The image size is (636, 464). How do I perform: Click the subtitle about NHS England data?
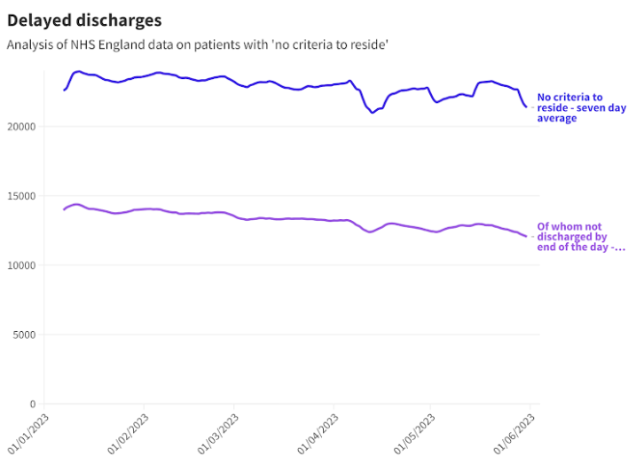198,43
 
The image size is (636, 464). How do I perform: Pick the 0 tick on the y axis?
31,404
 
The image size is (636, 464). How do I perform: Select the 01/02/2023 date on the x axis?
126,432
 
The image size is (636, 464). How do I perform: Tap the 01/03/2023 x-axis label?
216,432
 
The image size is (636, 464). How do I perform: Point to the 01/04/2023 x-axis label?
316,432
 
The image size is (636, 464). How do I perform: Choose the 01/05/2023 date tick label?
412,432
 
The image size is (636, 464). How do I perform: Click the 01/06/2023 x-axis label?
512,432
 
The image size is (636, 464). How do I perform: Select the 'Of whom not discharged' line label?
572,237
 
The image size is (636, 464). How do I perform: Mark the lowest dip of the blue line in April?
373,113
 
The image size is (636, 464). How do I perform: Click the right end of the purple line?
526,236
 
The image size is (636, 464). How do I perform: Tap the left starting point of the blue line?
64,90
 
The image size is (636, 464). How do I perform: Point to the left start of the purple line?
64,209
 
